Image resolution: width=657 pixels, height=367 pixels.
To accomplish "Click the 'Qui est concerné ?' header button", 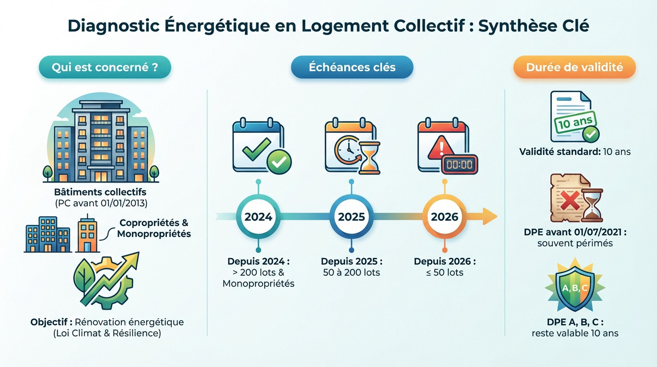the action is click(105, 67).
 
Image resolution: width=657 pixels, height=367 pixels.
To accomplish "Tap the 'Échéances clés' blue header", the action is click(352, 67).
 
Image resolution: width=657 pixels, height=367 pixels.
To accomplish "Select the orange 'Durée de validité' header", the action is click(574, 67).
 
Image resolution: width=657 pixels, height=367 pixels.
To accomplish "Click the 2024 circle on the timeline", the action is click(258, 216).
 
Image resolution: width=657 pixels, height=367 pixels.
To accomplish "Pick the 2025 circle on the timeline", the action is click(351, 216).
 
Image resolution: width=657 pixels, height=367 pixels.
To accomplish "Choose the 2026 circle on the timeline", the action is click(445, 216).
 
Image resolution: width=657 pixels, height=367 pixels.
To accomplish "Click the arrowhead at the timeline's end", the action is click(489, 216).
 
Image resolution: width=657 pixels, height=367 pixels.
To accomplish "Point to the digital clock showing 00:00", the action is click(459, 164).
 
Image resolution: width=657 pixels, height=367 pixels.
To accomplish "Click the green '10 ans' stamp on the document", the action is click(571, 124).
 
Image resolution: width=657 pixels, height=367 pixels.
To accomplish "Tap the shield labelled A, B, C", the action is click(575, 288).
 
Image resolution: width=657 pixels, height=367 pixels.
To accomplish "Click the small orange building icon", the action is click(87, 235).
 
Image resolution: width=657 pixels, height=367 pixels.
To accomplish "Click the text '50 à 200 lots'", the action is click(351, 272).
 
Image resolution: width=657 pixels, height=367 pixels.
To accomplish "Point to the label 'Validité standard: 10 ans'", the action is click(575, 152).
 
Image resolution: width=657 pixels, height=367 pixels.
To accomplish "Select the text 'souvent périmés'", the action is click(575, 243).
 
